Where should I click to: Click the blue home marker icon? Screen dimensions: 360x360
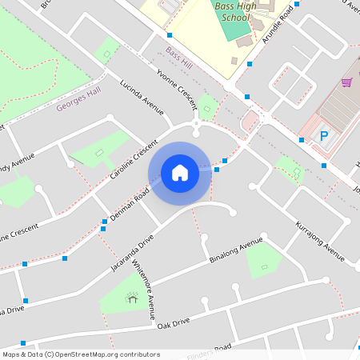click(180, 172)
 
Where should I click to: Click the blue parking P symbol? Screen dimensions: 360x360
click(324, 137)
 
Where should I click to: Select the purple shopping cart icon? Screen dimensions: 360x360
click(346, 82)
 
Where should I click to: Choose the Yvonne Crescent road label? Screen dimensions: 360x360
click(177, 89)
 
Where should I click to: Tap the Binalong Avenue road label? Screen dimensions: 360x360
click(235, 250)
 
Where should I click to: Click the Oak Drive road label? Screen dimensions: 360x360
click(174, 322)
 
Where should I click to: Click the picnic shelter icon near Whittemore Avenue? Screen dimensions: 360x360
click(131, 298)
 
